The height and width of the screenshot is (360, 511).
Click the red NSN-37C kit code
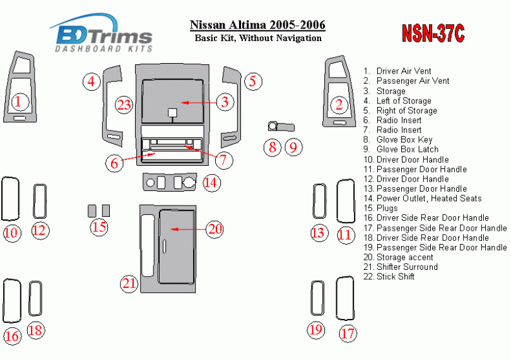(433, 33)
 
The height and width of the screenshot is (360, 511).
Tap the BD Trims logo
(102, 33)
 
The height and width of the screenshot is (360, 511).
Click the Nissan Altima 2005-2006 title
(257, 25)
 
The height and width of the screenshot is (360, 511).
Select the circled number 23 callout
(124, 105)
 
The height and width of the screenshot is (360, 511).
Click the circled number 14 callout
(211, 182)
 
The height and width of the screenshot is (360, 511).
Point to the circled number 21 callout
(129, 284)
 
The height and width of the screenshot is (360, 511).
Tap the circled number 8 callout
(273, 148)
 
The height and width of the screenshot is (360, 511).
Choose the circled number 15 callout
(99, 227)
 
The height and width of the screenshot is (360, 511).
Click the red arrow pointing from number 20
(188, 229)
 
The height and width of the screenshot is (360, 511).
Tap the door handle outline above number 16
(4, 300)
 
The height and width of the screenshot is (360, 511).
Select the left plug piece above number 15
(92, 211)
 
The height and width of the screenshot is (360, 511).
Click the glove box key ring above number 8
(273, 126)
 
